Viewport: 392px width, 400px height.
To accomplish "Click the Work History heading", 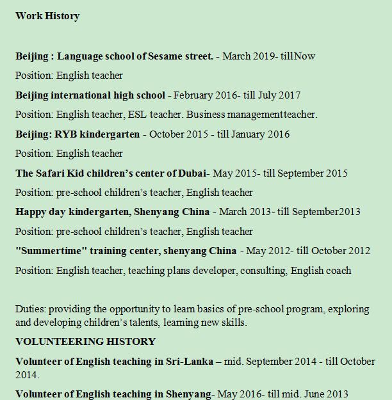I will (x=47, y=16).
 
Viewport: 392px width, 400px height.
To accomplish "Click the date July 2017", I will (x=279, y=95).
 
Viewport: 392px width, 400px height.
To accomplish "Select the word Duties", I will (x=30, y=309).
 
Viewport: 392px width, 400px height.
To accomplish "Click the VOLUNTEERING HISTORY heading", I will (x=85, y=342).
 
